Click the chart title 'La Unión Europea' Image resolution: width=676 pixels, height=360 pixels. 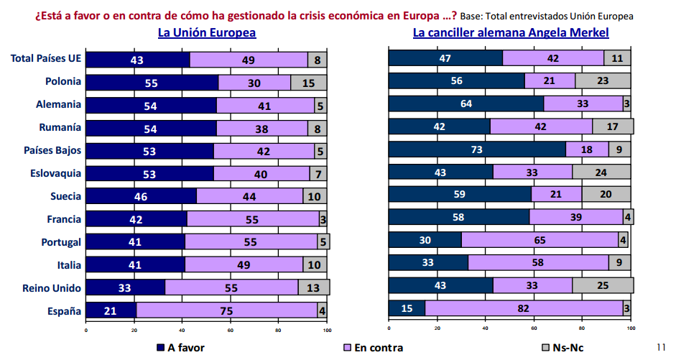click(x=207, y=32)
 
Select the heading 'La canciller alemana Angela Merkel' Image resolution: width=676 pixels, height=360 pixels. click(x=510, y=32)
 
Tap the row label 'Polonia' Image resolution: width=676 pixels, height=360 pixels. click(x=62, y=82)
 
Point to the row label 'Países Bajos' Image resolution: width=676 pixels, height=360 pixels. click(x=52, y=151)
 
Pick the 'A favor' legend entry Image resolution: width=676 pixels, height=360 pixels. click(x=180, y=348)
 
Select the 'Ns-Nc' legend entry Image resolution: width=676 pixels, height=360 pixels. click(x=562, y=348)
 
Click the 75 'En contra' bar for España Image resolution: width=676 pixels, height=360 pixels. click(x=227, y=310)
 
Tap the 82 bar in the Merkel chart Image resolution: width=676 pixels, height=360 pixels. click(x=524, y=308)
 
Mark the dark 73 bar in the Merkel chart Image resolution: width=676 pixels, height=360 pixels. click(x=477, y=149)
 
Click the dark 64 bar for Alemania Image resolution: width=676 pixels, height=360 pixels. click(x=466, y=104)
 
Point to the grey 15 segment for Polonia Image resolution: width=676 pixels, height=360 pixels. click(x=308, y=83)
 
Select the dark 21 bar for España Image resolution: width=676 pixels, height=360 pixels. click(x=111, y=310)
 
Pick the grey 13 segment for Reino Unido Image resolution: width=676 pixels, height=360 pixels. click(x=313, y=287)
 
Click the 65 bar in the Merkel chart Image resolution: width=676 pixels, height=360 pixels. click(x=540, y=239)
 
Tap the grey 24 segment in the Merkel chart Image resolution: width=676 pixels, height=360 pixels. click(x=601, y=172)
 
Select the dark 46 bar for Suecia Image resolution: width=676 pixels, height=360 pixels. click(x=141, y=195)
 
